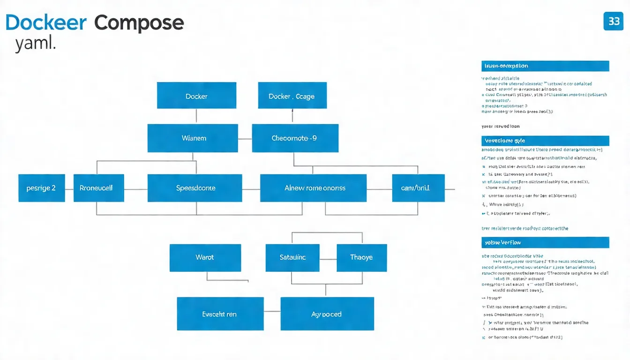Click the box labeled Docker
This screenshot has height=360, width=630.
[x=196, y=96]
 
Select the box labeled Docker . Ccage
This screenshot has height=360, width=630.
[x=292, y=96]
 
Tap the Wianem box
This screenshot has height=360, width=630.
[x=193, y=138]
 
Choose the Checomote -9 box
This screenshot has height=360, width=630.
[x=295, y=138]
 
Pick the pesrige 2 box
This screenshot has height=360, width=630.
[x=41, y=188]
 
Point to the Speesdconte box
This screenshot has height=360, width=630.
[x=195, y=188]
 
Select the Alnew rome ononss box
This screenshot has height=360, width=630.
[x=313, y=188]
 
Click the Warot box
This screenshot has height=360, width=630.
[x=205, y=257]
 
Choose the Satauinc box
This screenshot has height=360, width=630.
[x=292, y=257]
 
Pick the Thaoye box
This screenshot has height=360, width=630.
[x=361, y=257]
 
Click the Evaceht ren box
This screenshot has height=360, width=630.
[x=220, y=314]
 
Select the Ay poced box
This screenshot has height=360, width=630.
[x=327, y=314]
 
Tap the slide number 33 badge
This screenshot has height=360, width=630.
[x=614, y=22]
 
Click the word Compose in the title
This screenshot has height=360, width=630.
[x=139, y=22]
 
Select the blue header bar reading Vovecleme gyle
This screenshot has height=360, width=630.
[x=545, y=141]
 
